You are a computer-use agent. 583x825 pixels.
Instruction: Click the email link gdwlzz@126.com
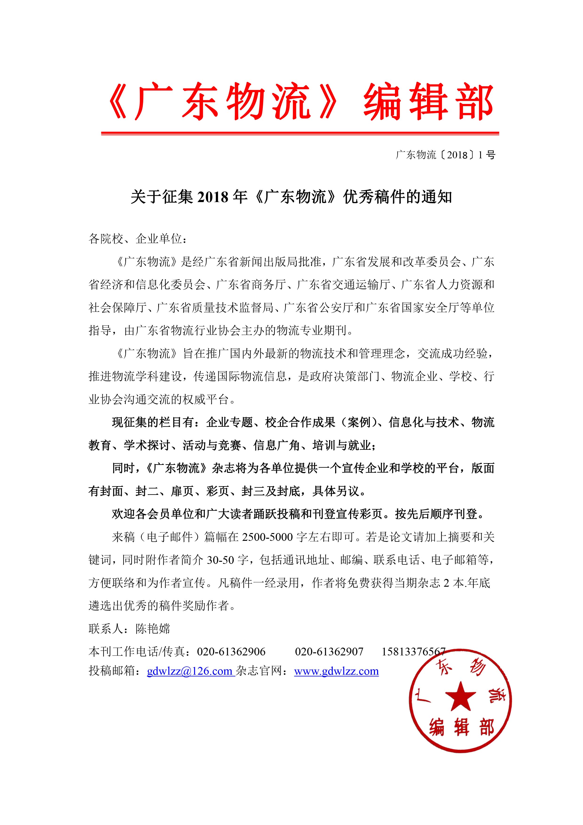[x=190, y=671]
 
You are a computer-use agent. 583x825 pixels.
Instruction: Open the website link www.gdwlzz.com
[x=336, y=671]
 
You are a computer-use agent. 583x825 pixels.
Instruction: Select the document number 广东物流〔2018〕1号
[x=445, y=155]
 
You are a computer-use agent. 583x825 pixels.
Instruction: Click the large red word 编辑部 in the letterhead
[x=429, y=102]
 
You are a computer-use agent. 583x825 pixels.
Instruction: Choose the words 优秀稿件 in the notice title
[x=374, y=197]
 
